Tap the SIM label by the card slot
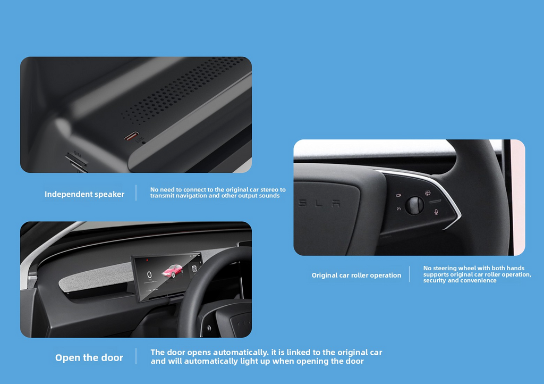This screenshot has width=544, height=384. point(78,154)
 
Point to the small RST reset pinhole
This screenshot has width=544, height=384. point(143,143)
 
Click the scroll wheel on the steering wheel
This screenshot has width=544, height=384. point(414,205)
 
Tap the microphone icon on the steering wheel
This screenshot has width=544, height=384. point(436,212)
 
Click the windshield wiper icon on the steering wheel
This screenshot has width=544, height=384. point(428,193)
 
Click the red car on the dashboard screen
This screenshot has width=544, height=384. point(172,271)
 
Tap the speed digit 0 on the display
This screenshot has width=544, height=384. point(149,274)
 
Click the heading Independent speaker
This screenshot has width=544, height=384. point(84,194)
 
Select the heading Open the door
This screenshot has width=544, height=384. point(89,357)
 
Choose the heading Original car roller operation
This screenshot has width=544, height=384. point(356,276)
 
